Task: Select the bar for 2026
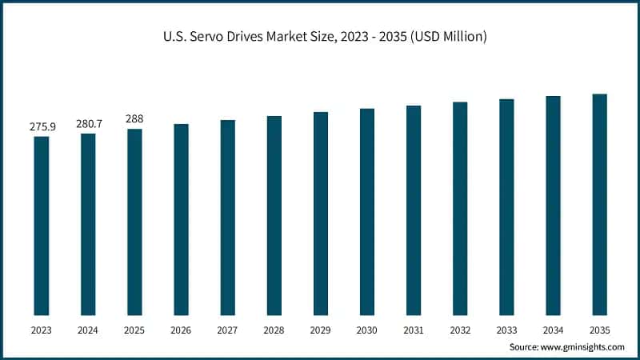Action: pos(181,219)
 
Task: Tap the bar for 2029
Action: pos(321,214)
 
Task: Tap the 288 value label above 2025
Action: pos(134,118)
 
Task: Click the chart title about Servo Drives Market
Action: pos(320,37)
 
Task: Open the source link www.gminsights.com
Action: pos(581,346)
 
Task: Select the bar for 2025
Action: pos(134,222)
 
